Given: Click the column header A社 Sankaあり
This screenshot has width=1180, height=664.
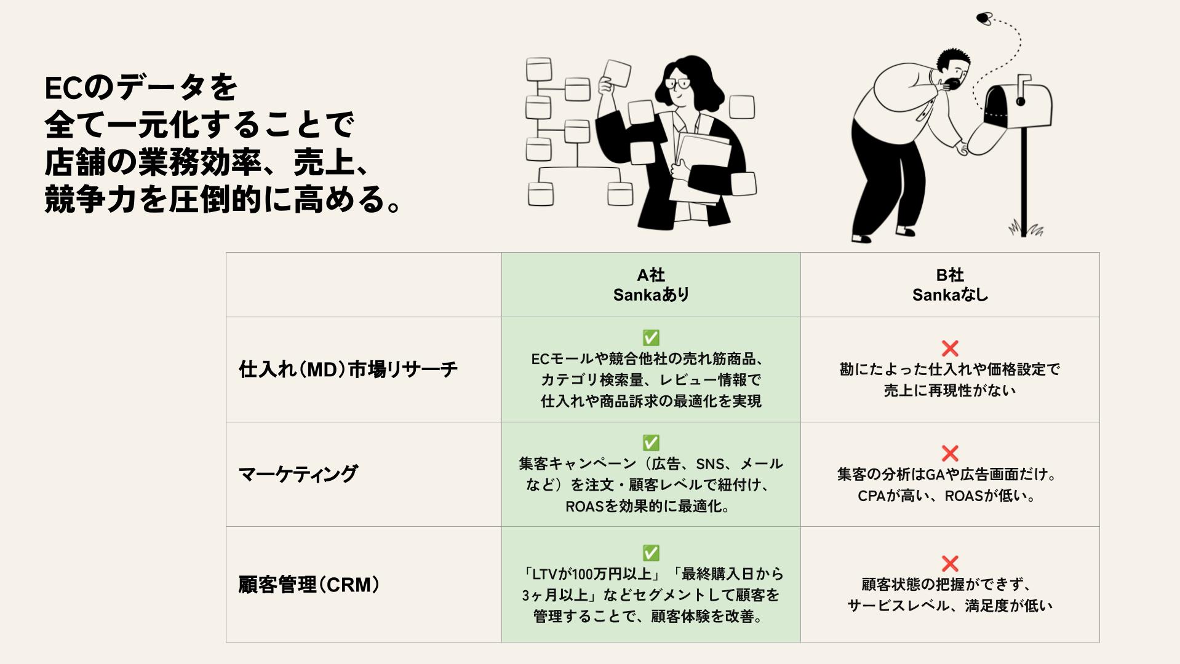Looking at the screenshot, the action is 651,285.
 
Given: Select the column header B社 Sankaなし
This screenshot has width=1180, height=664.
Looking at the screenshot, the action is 950,285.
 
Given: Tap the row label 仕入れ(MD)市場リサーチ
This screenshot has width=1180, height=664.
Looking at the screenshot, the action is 348,370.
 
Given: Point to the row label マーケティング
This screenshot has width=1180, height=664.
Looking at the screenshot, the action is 298,474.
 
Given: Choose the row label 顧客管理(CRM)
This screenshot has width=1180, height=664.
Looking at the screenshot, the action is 309,584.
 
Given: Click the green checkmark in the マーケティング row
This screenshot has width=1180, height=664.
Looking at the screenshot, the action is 651,443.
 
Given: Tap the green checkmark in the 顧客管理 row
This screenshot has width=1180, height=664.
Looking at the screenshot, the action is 651,553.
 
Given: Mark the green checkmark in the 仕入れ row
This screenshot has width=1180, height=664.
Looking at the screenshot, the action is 651,338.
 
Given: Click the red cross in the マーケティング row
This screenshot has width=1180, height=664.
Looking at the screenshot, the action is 950,453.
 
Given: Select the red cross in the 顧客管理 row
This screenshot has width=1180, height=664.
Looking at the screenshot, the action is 950,563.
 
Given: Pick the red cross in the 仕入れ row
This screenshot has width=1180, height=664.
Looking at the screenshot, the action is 950,348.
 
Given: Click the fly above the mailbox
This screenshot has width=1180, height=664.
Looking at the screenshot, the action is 984,18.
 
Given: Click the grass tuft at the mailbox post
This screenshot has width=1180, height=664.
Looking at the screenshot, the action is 1026,229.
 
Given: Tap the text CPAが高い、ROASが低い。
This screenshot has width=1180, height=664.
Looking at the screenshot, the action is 947,496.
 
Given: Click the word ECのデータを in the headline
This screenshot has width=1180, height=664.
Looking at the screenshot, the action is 141,88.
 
